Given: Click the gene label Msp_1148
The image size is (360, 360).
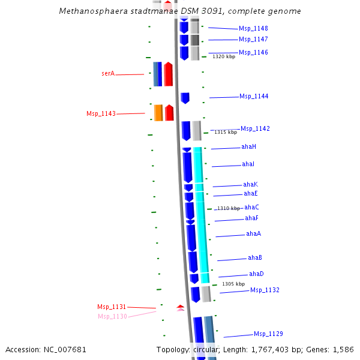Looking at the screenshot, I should click(253, 29).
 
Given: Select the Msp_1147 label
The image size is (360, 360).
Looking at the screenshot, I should click(253, 40).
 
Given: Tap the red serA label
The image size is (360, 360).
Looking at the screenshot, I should click(108, 74).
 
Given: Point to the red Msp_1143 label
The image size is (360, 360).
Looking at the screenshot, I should click(101, 113).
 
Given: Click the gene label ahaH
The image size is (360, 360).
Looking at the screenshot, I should click(248, 147).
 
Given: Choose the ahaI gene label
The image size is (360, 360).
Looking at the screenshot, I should click(248, 164).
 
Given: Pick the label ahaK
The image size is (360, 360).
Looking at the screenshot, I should click(250, 185).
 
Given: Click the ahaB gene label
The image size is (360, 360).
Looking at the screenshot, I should click(254, 258).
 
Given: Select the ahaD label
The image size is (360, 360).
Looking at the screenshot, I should click(256, 274).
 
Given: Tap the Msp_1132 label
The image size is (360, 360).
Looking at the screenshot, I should click(265, 290).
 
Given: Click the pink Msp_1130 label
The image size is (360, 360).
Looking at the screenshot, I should click(112, 316).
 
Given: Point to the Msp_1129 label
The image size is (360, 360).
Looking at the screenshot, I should click(268, 334).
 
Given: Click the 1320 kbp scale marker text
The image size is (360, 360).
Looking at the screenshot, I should click(224, 56).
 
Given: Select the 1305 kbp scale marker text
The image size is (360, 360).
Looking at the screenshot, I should click(233, 284).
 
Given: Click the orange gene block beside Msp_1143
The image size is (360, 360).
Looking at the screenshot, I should click(158, 113).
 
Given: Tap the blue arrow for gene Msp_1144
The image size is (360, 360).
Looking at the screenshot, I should click(185, 98).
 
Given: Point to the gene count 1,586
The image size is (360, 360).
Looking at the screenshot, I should click(343, 349).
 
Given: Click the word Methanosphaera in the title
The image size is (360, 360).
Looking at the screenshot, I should click(89, 11).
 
